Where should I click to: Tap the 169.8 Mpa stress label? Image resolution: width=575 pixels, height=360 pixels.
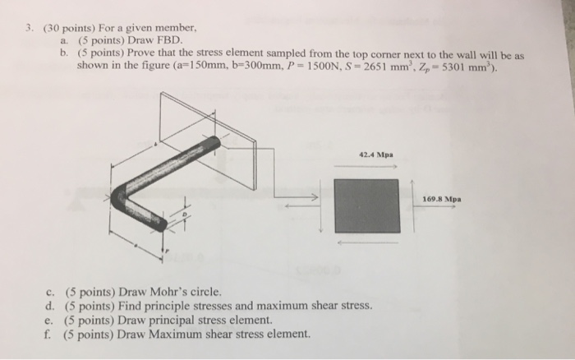(x=441, y=198)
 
